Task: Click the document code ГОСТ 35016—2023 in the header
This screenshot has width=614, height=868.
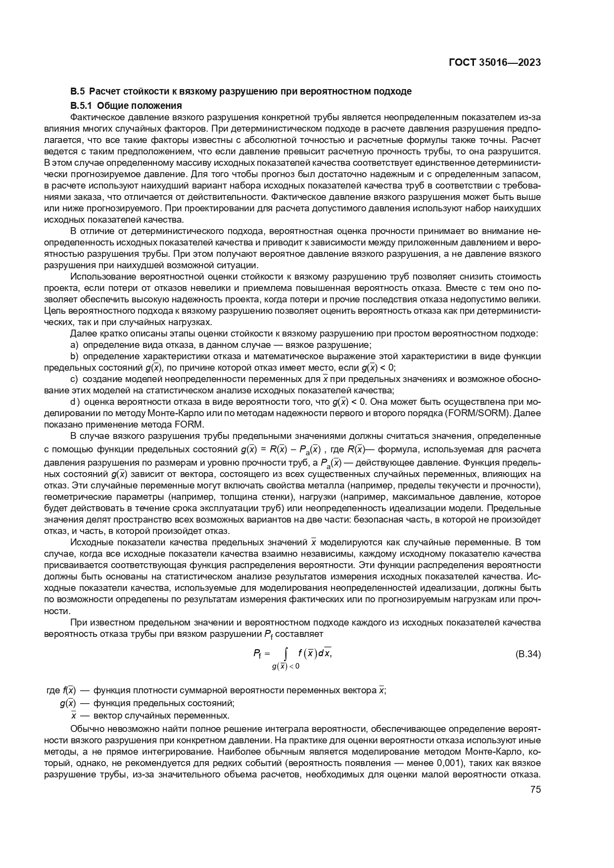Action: pos(494,62)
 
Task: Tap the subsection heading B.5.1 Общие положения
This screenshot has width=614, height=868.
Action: pos(126,105)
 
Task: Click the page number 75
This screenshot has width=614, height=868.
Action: pos(535,789)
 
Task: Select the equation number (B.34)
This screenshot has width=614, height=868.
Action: pos(528,654)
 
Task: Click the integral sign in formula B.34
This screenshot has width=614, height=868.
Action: pos(286,655)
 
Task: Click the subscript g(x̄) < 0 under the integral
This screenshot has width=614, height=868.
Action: pos(285,666)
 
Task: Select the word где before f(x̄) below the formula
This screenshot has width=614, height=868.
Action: pos(53,690)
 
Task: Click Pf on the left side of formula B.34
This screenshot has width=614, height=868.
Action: pos(257,654)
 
